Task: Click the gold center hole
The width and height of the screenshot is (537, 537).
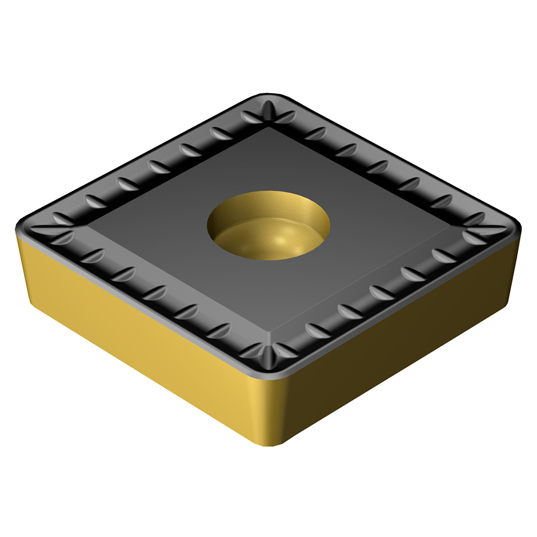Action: pos(268,223)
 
